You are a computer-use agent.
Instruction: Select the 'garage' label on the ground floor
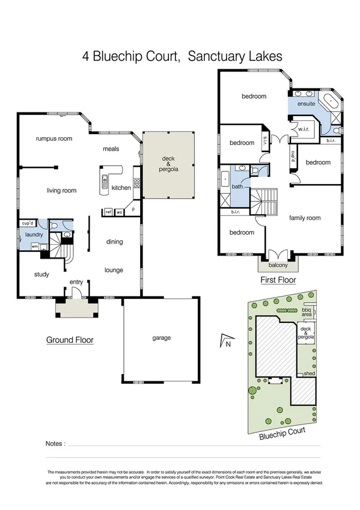pyautogui.click(x=162, y=338)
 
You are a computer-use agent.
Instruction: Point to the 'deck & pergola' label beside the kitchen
pyautogui.click(x=169, y=164)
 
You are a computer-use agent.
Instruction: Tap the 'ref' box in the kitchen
pyautogui.click(x=109, y=212)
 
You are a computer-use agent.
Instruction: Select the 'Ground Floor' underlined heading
pyautogui.click(x=70, y=340)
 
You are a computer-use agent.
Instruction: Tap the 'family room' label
pyautogui.click(x=305, y=218)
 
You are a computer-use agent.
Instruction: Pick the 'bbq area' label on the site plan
pyautogui.click(x=307, y=312)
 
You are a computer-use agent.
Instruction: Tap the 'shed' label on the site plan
pyautogui.click(x=310, y=374)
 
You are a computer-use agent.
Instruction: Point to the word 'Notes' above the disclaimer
pyautogui.click(x=55, y=444)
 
